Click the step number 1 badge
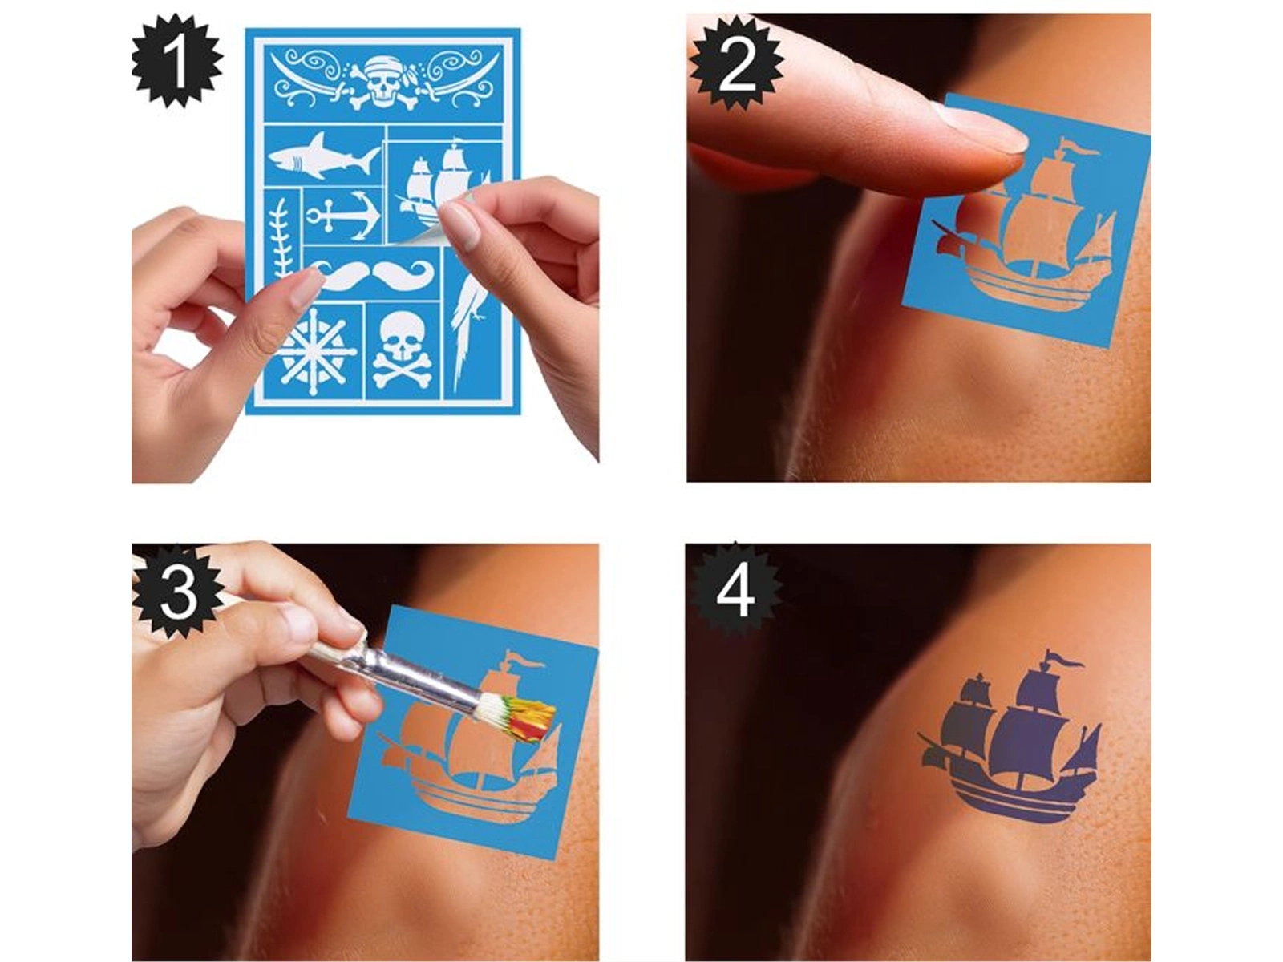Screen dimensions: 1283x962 point(177,61)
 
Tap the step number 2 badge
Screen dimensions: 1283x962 point(736,62)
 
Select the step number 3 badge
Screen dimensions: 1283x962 point(178,591)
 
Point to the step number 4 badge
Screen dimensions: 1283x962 point(735,591)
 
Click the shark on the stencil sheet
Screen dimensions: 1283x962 point(322,156)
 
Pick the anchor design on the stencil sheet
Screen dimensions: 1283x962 point(344,216)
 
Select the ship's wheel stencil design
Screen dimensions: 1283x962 point(316,348)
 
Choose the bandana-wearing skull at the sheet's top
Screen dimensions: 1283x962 point(384,83)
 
